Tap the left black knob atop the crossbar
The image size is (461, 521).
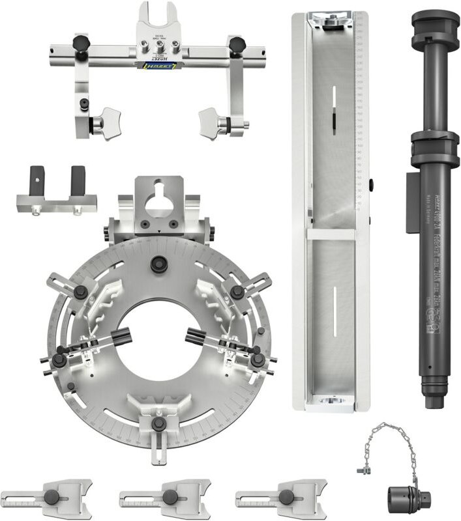click(80, 44)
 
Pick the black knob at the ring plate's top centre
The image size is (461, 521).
click(157, 264)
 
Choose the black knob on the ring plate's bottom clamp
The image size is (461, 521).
click(158, 423)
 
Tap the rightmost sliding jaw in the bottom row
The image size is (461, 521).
click(285, 497)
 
